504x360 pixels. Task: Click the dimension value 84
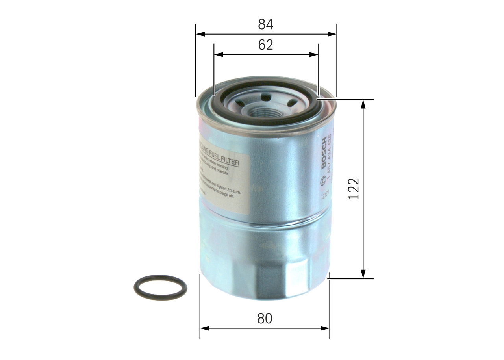[265, 24]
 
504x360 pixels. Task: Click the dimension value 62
[265, 45]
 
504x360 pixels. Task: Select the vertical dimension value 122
[354, 189]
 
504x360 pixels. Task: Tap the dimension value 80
[265, 319]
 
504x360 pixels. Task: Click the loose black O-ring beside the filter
[160, 288]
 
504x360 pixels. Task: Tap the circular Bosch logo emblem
[324, 180]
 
